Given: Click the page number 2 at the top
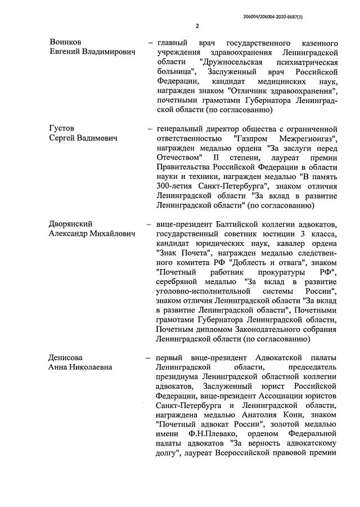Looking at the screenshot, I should point(197,26).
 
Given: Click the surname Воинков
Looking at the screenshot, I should point(66,43).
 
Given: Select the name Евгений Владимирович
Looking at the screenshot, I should point(93,52).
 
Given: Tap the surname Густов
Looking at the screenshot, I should point(62,128).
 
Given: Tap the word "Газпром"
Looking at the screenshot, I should point(248,138).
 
